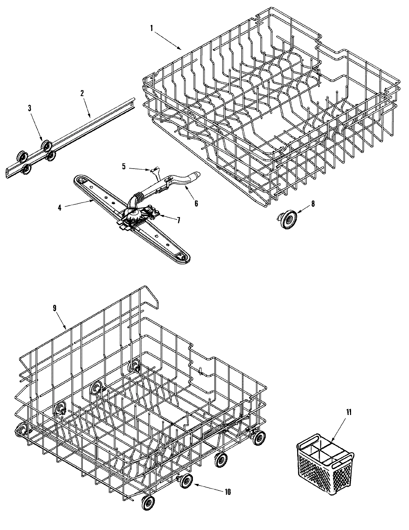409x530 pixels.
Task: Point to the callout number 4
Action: point(59,207)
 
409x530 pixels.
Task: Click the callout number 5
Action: point(124,166)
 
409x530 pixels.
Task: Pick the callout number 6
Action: point(196,203)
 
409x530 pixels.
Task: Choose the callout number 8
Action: point(313,203)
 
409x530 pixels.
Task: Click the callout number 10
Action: point(228,492)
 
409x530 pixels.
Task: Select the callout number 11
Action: point(348,412)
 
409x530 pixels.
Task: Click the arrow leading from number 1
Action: point(167,40)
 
